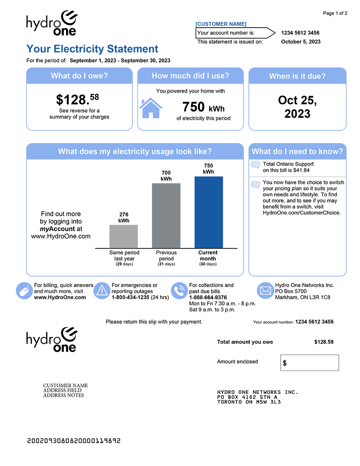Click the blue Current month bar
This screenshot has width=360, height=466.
208,212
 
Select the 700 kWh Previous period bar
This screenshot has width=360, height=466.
166,216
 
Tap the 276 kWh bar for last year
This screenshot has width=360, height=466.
124,237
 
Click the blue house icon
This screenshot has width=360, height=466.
151,108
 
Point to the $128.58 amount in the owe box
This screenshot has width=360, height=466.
78,99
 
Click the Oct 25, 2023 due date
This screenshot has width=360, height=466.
297,107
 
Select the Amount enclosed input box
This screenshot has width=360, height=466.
309,363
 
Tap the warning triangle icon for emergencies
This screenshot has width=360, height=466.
102,291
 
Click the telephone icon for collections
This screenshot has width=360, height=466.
180,291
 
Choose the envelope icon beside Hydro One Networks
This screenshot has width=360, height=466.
265,291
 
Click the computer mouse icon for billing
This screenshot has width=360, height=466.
24,291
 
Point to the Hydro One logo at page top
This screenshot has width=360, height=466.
52,23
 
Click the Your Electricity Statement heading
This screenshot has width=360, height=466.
93,49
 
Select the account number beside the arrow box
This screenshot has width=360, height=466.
300,33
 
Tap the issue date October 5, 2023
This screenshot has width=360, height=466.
301,42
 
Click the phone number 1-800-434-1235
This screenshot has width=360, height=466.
130,297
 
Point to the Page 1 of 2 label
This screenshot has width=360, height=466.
335,13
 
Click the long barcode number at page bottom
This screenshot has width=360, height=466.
74,441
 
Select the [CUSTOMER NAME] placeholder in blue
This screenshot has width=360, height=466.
221,24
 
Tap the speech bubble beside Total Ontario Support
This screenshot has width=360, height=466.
256,165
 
